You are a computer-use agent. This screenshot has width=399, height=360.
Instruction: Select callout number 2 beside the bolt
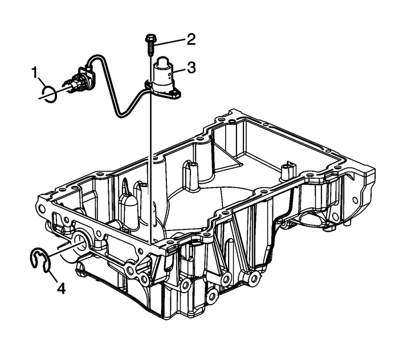tap(191, 39)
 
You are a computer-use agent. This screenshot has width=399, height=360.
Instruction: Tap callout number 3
tap(192, 68)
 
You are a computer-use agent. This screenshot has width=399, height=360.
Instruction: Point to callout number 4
tap(60, 289)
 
